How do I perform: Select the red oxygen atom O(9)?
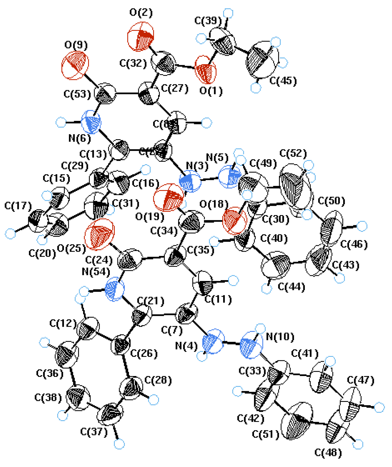coord(75,65)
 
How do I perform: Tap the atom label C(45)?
coord(283,81)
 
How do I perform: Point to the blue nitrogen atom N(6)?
coord(91,122)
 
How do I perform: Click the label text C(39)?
coord(208,21)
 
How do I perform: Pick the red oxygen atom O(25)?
coord(99,234)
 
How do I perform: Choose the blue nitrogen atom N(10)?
coord(251,345)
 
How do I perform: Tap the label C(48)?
coord(328,452)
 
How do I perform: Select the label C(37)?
coord(94,432)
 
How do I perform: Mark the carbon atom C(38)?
coord(78,398)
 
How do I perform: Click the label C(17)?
coord(18,206)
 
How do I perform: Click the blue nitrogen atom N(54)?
coord(115,289)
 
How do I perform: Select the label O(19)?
coord(150,217)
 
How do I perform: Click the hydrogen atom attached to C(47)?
coord(379,407)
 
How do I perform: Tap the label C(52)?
coord(293,153)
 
